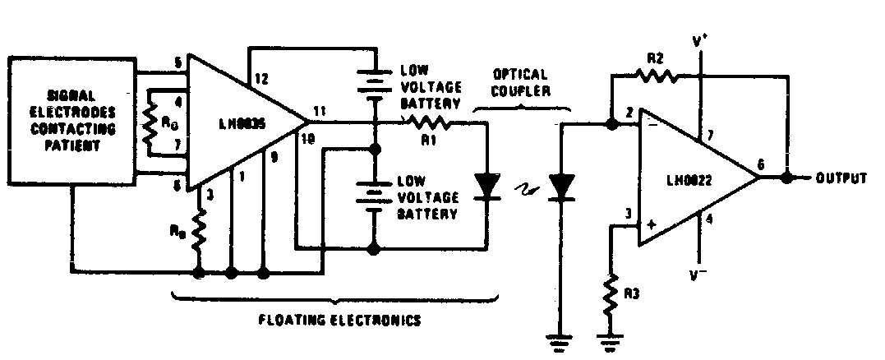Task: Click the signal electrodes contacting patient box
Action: coord(72,121)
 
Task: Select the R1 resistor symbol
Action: coord(426,123)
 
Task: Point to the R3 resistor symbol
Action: coord(611,298)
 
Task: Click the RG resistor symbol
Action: coord(150,124)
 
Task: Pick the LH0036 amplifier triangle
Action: coord(238,123)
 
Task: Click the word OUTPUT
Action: coord(841,178)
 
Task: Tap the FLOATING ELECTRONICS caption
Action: coord(337,321)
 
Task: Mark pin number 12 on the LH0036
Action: coord(261,79)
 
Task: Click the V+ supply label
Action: coord(700,39)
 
